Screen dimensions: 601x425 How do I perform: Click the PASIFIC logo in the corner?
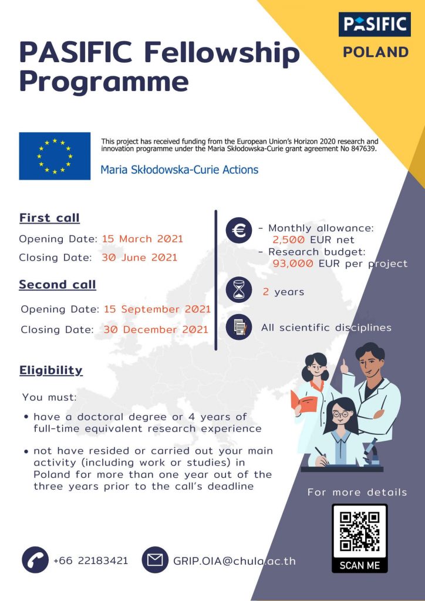[x=375, y=24]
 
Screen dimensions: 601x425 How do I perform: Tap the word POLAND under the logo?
[x=376, y=52]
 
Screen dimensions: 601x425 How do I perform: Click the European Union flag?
[x=55, y=156]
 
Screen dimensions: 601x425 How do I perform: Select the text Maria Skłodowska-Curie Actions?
[x=179, y=170]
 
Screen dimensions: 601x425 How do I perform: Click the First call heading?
[x=49, y=218]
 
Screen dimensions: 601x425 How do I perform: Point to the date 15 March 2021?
[x=143, y=239]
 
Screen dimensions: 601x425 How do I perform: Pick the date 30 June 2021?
[x=140, y=257]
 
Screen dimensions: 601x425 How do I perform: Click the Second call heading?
[x=58, y=285]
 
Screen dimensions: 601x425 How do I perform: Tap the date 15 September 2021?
[x=157, y=309]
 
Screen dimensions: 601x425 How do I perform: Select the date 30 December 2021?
[x=156, y=329]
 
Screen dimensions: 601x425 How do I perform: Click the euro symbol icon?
[x=239, y=230]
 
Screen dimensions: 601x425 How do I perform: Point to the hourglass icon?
[x=239, y=291]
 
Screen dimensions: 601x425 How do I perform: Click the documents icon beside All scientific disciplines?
[x=239, y=327]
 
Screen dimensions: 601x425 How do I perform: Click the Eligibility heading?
[x=51, y=370]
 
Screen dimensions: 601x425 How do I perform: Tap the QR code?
[x=359, y=533]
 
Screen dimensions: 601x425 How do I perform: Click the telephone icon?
[x=35, y=560]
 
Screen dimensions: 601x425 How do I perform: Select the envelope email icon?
[x=155, y=560]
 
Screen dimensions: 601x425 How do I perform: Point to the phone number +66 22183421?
[x=90, y=561]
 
